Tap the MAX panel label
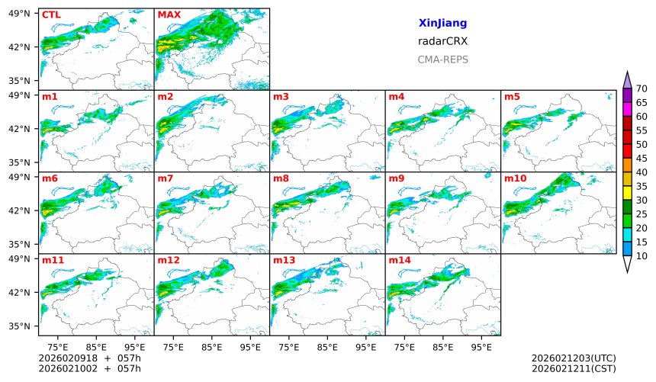(x=169, y=14)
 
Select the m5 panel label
(x=512, y=96)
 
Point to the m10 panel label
(x=515, y=178)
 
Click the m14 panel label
(x=399, y=260)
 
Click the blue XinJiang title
(x=442, y=24)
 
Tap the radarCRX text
(x=442, y=41)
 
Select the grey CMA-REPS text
(x=442, y=59)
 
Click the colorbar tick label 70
(x=642, y=89)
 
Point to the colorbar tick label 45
(x=642, y=159)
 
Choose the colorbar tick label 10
(x=642, y=256)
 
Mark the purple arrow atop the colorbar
(x=628, y=79)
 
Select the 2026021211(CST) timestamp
(x=573, y=369)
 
